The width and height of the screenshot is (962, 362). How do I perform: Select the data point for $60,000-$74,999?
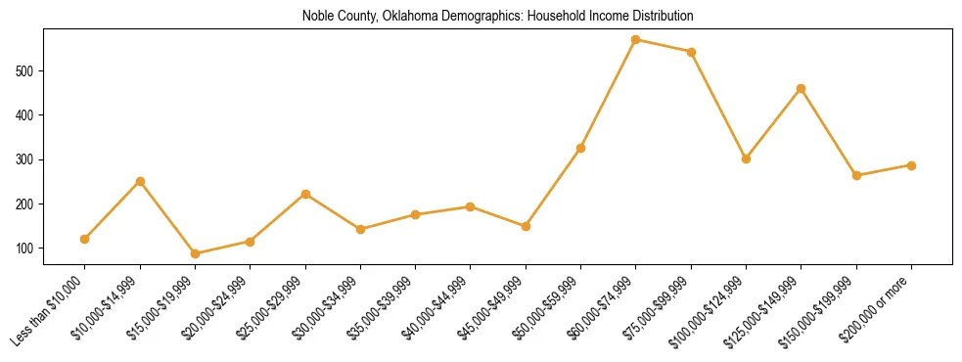(x=636, y=40)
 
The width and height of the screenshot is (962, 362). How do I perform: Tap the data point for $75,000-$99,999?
(x=691, y=52)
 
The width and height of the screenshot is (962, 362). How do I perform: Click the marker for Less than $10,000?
(x=85, y=239)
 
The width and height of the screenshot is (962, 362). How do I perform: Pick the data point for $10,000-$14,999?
(x=140, y=181)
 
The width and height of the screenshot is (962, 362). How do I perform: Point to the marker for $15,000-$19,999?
(x=195, y=253)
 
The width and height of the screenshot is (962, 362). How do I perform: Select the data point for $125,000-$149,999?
(x=802, y=88)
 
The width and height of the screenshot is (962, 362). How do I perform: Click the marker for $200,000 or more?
(x=911, y=165)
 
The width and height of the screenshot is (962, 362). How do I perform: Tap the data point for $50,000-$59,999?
(x=581, y=148)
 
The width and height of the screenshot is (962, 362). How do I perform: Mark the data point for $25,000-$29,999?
(x=305, y=194)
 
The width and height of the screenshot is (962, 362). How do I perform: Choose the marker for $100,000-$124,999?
(x=747, y=158)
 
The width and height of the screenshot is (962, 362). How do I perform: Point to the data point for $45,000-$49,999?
(x=526, y=226)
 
